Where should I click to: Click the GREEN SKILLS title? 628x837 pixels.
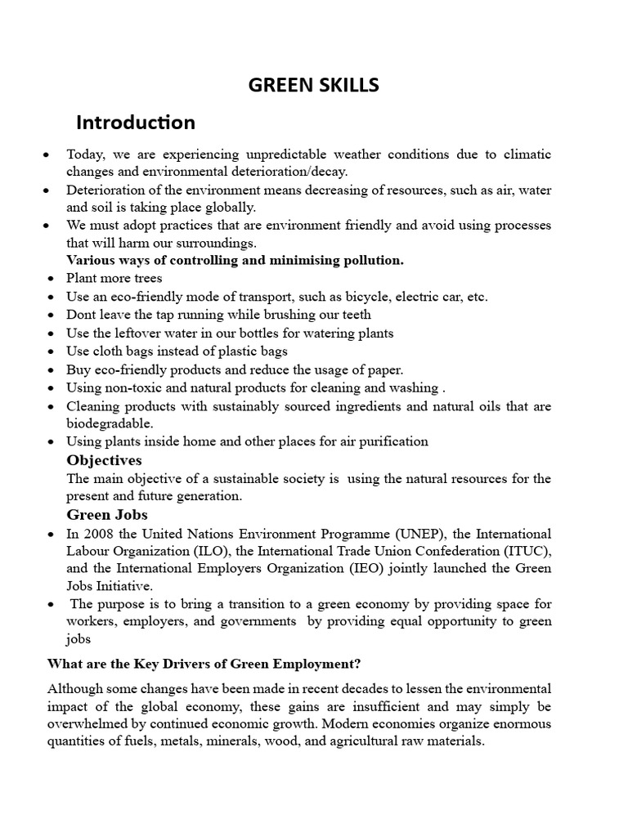[314, 85]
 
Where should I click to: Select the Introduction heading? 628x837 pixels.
[136, 123]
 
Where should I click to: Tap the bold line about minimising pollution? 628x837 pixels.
[235, 261]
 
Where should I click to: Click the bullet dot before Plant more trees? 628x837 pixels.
[51, 279]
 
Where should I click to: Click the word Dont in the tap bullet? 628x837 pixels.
[81, 315]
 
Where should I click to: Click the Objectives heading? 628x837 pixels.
[104, 460]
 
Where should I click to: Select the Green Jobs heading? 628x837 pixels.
[107, 515]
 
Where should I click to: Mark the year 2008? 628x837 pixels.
[97, 534]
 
